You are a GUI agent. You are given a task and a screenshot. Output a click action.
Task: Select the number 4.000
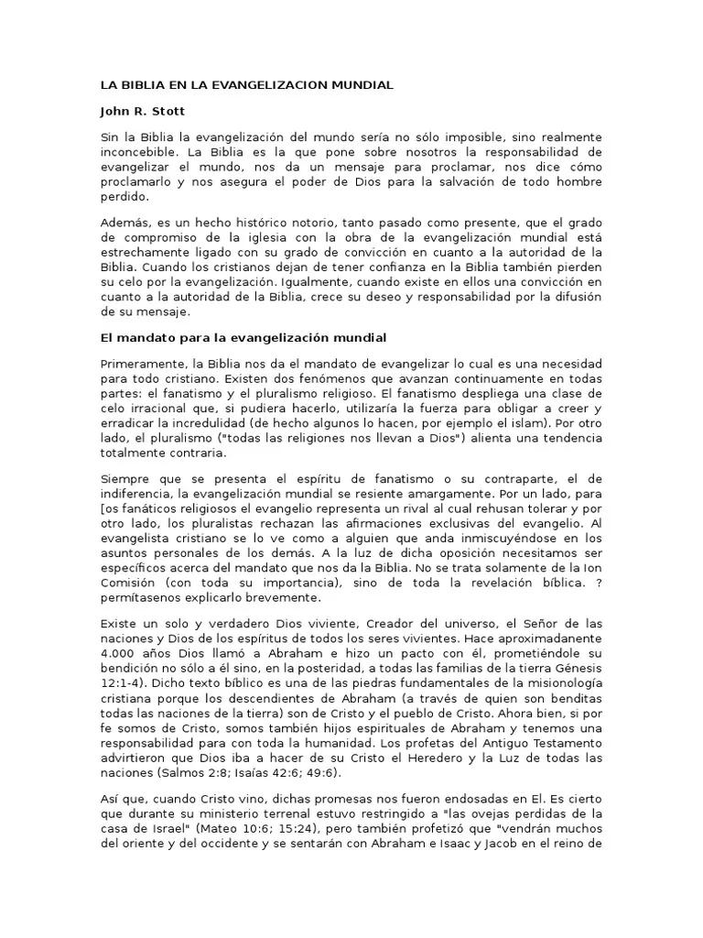click(x=120, y=653)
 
